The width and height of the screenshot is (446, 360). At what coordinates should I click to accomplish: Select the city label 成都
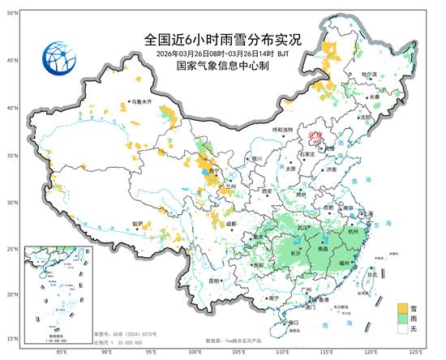234,222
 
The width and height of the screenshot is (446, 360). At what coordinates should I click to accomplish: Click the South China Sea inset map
58,292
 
